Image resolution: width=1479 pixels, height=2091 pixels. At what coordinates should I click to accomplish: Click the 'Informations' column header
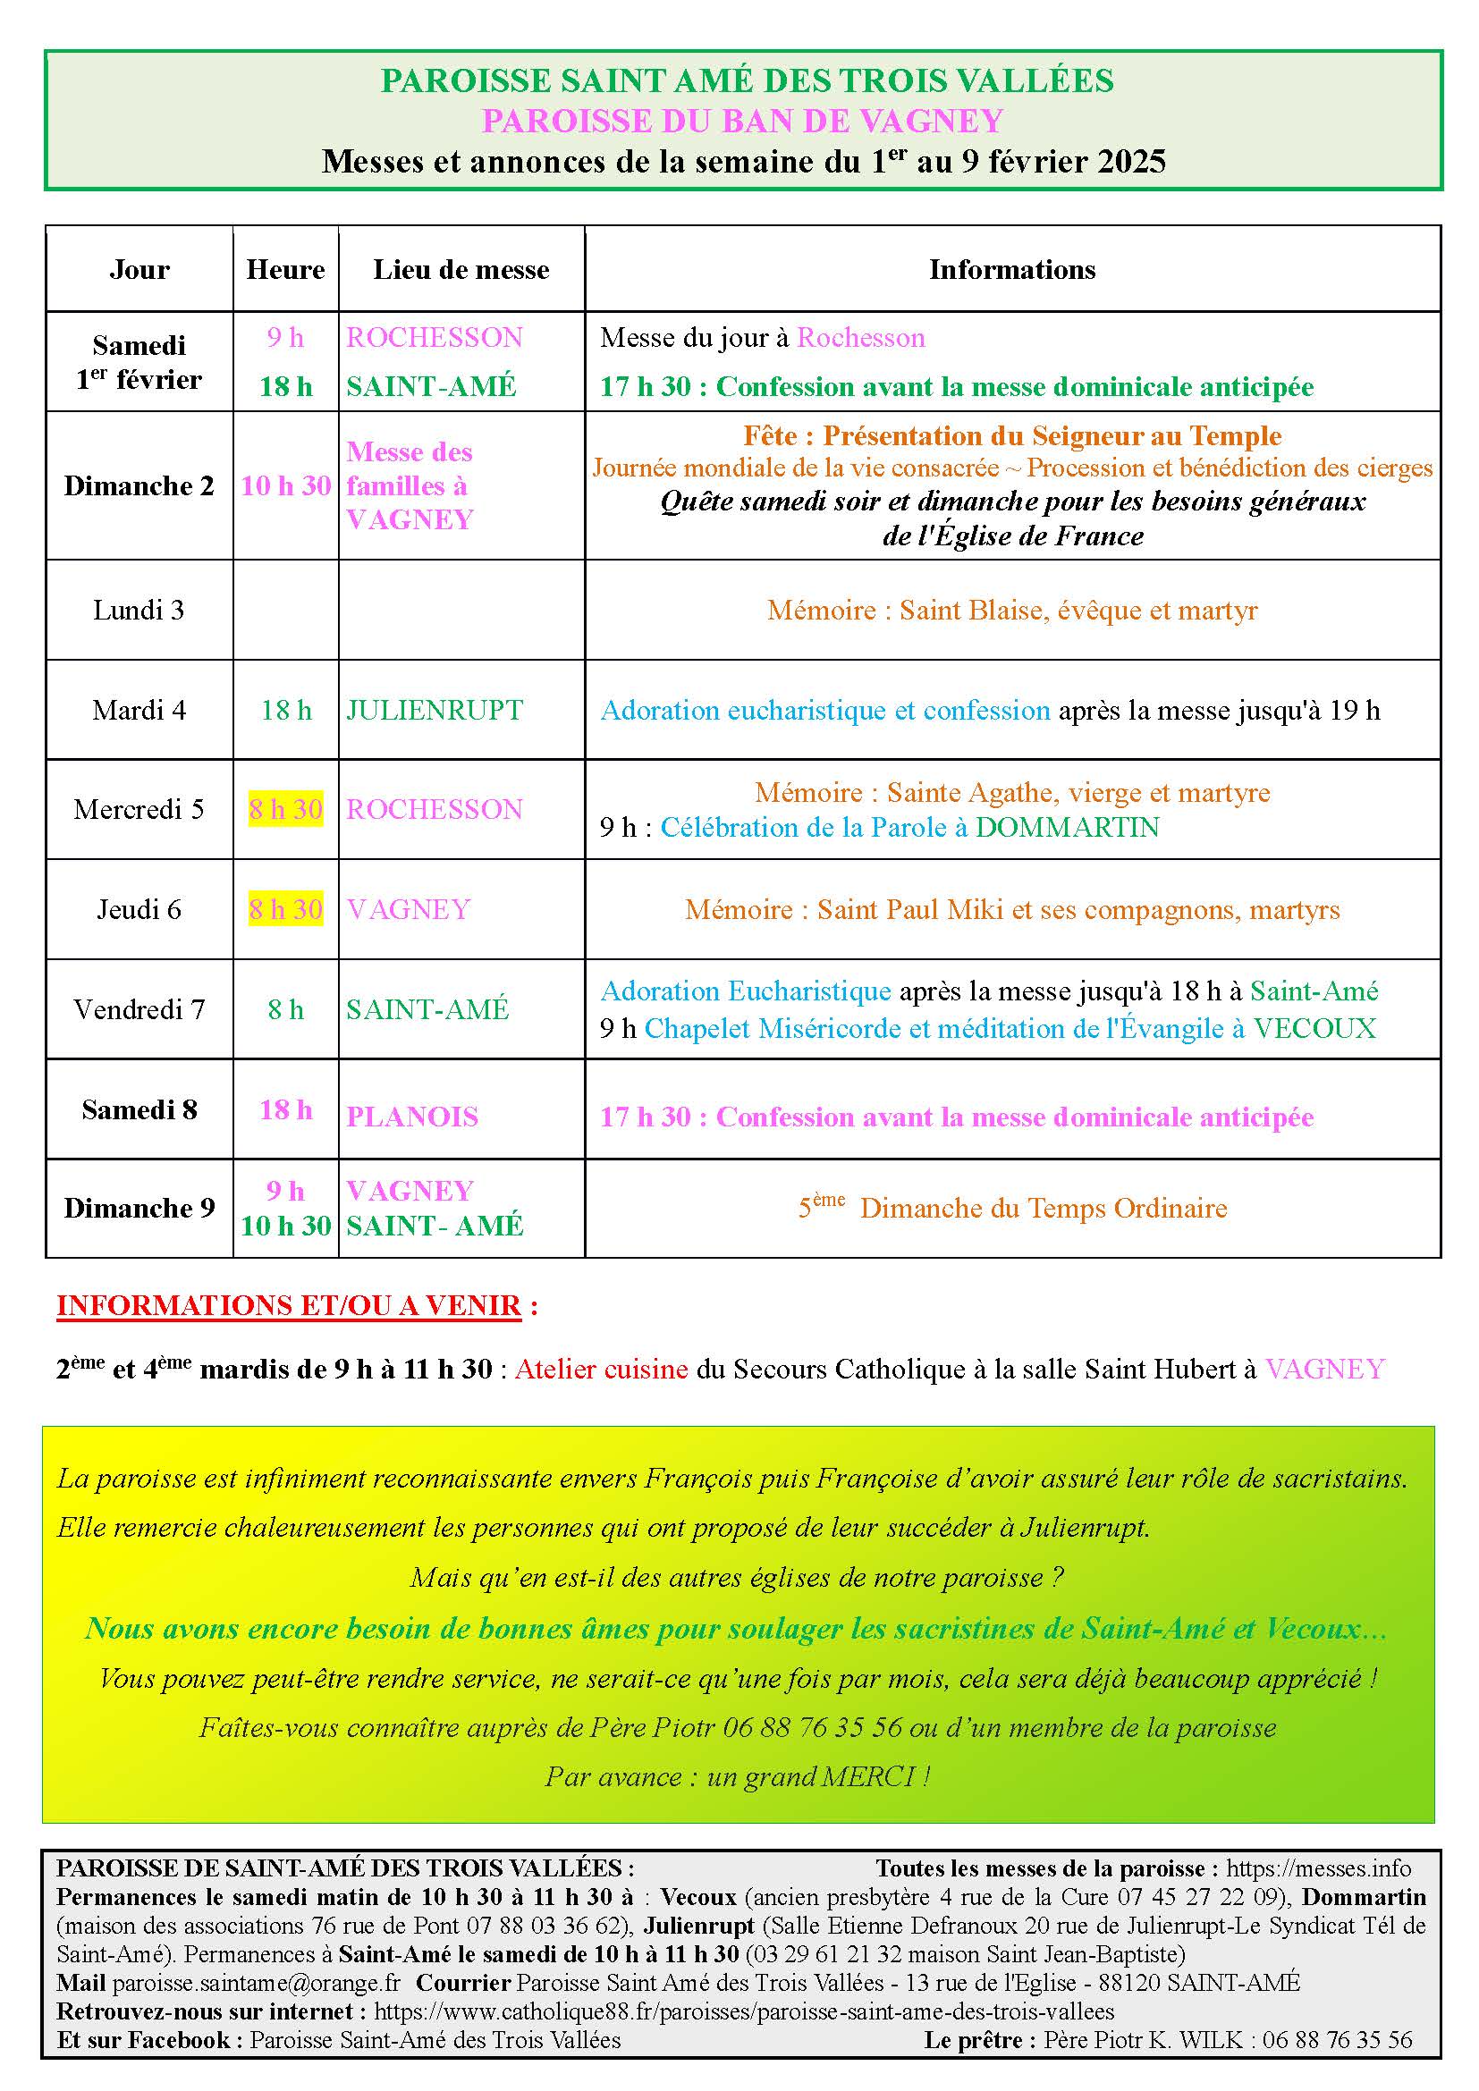pyautogui.click(x=1012, y=270)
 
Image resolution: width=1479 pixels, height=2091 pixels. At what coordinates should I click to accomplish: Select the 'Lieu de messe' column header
pyautogui.click(x=461, y=270)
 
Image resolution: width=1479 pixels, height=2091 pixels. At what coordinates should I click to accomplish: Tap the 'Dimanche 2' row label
pyautogui.click(x=139, y=485)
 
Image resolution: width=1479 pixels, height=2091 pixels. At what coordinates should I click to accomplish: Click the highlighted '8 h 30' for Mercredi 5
pyautogui.click(x=286, y=809)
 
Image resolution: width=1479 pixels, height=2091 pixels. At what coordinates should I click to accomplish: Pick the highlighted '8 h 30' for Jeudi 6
pyautogui.click(x=286, y=909)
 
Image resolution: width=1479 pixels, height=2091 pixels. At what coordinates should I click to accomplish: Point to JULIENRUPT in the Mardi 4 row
pyautogui.click(x=435, y=710)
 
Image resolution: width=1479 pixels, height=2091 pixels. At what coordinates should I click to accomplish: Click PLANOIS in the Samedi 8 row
pyautogui.click(x=411, y=1117)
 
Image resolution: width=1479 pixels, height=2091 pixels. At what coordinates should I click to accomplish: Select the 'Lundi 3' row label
pyautogui.click(x=139, y=610)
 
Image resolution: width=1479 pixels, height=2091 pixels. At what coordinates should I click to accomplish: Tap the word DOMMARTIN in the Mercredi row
pyautogui.click(x=1068, y=827)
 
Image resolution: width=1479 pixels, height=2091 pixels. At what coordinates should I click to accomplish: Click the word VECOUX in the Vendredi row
pyautogui.click(x=1314, y=1028)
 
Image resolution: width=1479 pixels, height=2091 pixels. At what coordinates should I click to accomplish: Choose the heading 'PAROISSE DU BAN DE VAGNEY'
pyautogui.click(x=742, y=120)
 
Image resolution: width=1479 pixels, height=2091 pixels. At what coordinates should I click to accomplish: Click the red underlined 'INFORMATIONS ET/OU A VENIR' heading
pyautogui.click(x=289, y=1305)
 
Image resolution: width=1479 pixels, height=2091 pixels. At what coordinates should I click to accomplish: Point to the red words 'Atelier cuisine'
pyautogui.click(x=601, y=1369)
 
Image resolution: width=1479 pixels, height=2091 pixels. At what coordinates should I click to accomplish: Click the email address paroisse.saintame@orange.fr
pyautogui.click(x=256, y=1983)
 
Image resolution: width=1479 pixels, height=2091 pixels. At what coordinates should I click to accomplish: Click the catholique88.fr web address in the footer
pyautogui.click(x=744, y=2011)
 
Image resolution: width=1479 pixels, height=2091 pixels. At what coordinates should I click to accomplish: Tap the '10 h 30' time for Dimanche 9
pyautogui.click(x=286, y=1226)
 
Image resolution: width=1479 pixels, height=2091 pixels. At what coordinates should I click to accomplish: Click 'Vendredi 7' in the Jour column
pyautogui.click(x=139, y=1009)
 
